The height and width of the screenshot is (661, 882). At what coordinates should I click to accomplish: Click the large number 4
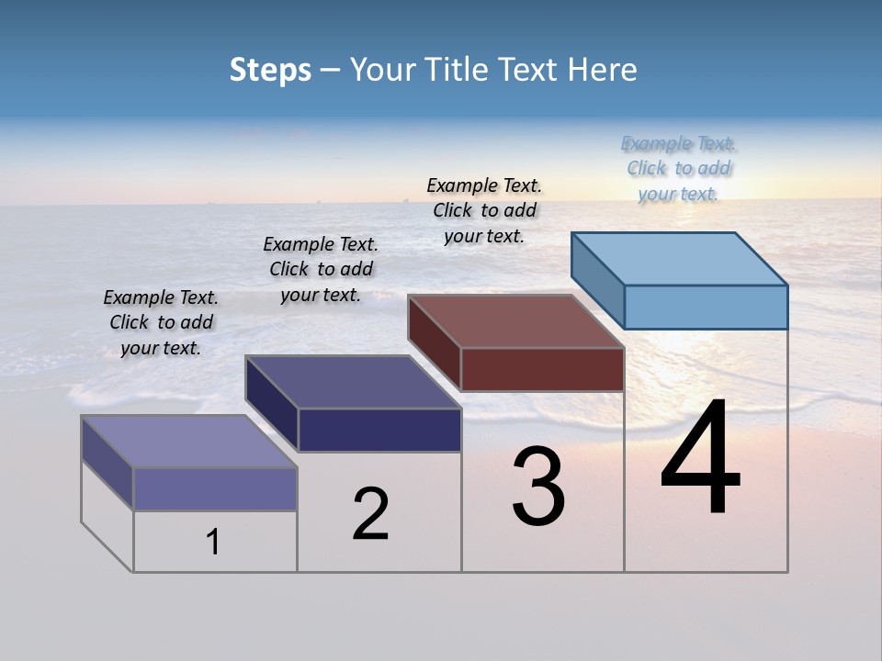tap(700, 459)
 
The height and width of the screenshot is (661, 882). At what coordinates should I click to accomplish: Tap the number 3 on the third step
tap(537, 487)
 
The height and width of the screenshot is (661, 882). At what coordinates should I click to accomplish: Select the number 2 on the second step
tap(370, 514)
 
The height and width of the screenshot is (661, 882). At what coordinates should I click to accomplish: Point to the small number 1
tap(212, 543)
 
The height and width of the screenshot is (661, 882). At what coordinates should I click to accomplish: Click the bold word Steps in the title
tap(270, 70)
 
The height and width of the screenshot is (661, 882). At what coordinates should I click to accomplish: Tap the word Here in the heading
tap(602, 70)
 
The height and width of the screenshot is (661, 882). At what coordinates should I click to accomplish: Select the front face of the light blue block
tap(706, 307)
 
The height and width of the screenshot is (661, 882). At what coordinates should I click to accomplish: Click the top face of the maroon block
tap(516, 321)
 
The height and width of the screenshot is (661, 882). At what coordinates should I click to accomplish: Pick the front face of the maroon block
tap(542, 369)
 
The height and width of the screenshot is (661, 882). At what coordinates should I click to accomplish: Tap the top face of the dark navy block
tap(354, 382)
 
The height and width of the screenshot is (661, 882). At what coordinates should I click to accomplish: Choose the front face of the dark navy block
tap(379, 430)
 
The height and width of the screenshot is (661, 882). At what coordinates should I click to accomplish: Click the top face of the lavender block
tap(189, 442)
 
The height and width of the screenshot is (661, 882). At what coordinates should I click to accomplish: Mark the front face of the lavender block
tap(215, 488)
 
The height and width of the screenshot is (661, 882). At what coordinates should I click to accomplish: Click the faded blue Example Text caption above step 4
tap(678, 168)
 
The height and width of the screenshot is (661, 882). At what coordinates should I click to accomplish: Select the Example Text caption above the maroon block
tap(484, 210)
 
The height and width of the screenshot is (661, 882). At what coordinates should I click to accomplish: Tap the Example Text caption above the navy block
tap(321, 269)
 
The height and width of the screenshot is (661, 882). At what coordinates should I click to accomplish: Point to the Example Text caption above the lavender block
tap(161, 322)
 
